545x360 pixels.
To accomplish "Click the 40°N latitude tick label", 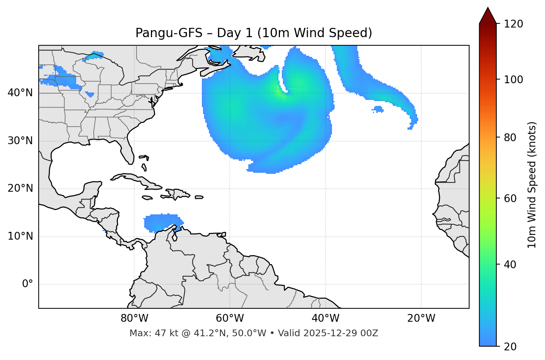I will click(20, 93).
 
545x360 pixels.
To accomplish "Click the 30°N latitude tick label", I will click(20, 141).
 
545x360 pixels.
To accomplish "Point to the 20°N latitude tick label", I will click(20, 188).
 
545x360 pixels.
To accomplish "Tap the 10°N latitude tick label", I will click(20, 236).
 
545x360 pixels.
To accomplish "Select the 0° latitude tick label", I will click(28, 284).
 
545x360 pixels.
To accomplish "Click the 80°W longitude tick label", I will click(134, 318).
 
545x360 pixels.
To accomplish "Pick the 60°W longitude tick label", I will click(230, 318).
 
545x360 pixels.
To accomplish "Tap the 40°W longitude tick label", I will click(325, 318).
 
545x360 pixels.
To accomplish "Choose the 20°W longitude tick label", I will click(421, 318).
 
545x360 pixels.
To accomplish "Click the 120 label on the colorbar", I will click(513, 24).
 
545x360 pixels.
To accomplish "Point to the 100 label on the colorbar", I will click(513, 80).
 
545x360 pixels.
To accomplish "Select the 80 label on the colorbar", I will click(510, 137).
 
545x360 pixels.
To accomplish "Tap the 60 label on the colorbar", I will click(510, 198).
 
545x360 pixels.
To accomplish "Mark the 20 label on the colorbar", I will click(510, 347).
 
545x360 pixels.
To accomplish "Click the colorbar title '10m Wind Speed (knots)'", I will click(532, 185).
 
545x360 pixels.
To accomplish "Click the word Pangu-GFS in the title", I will click(169, 33).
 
